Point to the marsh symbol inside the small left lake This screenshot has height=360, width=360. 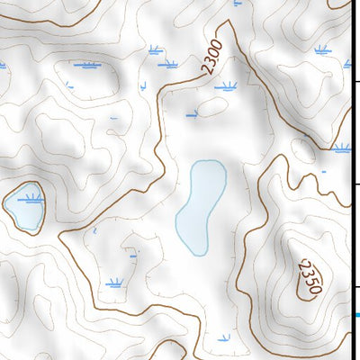[x=32, y=196]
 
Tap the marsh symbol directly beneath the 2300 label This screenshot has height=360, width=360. [x=226, y=87]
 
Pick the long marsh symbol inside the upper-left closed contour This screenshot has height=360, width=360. [x=86, y=66]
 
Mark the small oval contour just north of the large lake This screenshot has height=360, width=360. [x=213, y=108]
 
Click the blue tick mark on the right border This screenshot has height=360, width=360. [x=356, y=315]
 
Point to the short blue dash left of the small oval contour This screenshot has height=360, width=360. [x=191, y=115]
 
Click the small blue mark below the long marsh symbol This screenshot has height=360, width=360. [x=68, y=85]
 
